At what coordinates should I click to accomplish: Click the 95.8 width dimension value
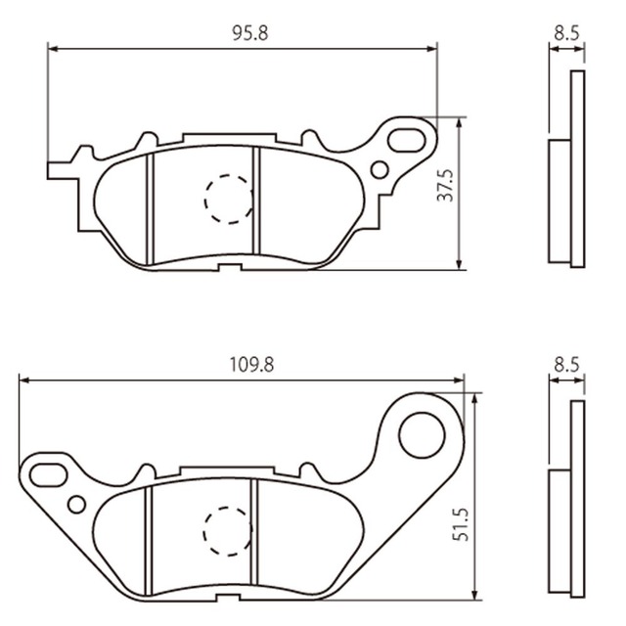point(250,32)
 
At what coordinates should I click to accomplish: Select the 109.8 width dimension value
point(250,364)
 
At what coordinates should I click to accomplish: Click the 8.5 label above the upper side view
point(565,32)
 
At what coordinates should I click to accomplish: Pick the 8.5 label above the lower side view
point(565,364)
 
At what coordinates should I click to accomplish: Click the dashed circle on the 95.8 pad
point(228,199)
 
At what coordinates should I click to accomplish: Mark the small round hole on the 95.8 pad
point(379,170)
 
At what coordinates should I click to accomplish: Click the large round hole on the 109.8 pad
point(423,430)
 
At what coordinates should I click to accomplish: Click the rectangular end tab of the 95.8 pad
point(59,170)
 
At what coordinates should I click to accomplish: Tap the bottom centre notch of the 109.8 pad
point(228,599)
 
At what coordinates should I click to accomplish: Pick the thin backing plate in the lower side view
point(577,499)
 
